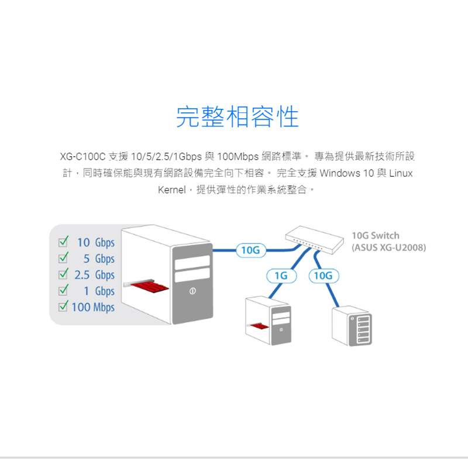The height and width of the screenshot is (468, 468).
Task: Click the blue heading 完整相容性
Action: coord(238,116)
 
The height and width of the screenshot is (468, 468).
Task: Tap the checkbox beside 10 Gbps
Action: coord(63,242)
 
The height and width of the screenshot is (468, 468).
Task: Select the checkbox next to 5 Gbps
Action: coord(63,258)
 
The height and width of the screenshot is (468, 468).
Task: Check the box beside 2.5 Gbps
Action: coord(63,274)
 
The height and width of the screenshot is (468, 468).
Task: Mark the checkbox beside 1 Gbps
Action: coord(63,290)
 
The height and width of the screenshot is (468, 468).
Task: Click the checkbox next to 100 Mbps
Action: coord(63,306)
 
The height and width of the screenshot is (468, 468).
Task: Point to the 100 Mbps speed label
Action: coord(93,308)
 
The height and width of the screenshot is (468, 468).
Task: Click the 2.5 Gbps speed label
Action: coord(95,275)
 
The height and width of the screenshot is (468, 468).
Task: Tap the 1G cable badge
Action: coord(281,276)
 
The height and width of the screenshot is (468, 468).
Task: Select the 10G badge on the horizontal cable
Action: coord(251,250)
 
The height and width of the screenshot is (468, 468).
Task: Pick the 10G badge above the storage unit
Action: coord(324,276)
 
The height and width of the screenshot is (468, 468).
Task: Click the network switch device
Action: coord(314,240)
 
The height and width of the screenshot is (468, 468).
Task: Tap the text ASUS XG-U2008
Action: coord(389,247)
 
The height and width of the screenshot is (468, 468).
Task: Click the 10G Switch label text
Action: coord(376,236)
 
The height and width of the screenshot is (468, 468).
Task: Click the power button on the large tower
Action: coord(192,291)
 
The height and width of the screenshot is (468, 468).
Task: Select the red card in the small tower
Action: coord(259,326)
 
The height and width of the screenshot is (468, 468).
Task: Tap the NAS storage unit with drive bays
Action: coord(352,326)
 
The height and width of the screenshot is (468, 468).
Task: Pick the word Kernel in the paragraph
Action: coord(171,190)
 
